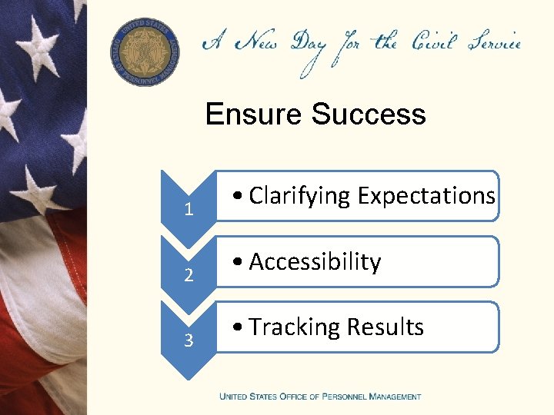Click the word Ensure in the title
255,115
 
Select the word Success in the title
369,115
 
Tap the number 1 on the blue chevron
189,210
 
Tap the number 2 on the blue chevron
189,275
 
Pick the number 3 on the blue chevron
189,340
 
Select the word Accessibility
315,262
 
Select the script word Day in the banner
307,46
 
